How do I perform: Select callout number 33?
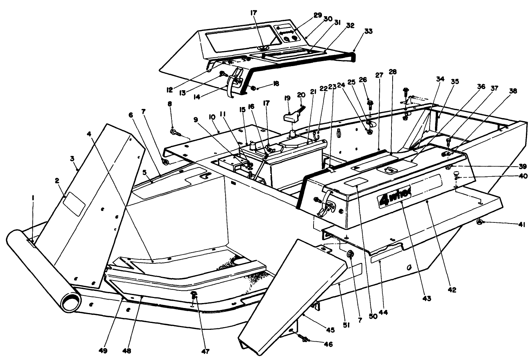pos(358,31)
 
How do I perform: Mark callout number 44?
pos(383,312)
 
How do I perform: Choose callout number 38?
pos(513,91)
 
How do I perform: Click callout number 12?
pos(170,90)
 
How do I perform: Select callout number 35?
pos(454,81)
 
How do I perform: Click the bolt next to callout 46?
pos(304,339)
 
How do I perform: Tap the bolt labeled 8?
pos(175,132)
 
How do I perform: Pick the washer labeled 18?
pos(253,88)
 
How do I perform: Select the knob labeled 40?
pos(455,175)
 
